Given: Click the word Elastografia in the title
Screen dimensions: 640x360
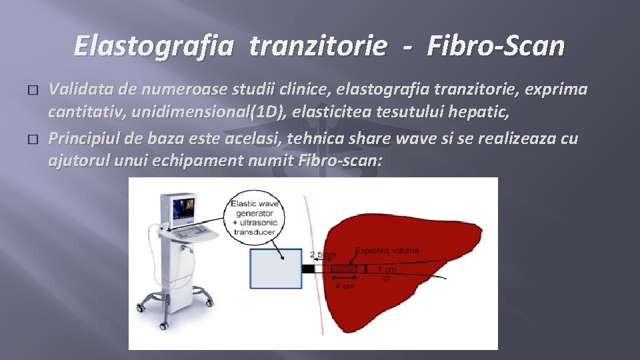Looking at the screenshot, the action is [154, 46].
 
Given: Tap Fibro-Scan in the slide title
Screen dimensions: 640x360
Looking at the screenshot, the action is [496, 46].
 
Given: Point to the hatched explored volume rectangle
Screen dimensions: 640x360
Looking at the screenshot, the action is [343, 269].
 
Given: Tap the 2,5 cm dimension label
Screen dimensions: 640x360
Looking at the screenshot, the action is [323, 254].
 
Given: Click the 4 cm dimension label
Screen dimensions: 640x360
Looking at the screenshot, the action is [344, 285].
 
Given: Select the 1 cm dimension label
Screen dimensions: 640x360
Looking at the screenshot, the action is [387, 269].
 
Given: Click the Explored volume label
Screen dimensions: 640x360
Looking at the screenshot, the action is [387, 251].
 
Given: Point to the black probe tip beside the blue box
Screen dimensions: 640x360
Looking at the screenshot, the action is [309, 269].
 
